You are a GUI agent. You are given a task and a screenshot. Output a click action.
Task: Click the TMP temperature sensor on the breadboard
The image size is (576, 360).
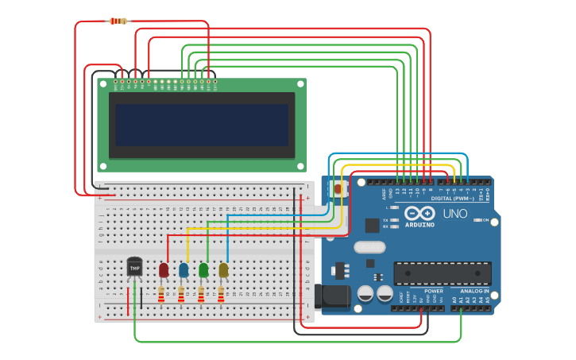coord(134,269)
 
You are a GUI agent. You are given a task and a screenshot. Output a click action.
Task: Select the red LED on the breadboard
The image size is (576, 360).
coord(164,270)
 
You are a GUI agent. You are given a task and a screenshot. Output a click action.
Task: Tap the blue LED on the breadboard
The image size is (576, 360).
coord(184,270)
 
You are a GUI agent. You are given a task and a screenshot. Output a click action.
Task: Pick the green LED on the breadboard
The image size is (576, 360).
coord(203,270)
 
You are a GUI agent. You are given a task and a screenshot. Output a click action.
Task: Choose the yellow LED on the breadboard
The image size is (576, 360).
coord(223,270)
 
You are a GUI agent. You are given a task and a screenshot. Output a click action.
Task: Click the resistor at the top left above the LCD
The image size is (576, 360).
coord(118,21)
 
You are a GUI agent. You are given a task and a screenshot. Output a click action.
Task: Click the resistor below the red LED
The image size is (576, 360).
coord(161,296)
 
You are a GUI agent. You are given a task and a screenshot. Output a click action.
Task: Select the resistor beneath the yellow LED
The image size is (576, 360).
coord(221,296)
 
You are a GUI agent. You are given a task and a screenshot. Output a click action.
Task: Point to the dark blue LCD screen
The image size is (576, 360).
coord(201,125)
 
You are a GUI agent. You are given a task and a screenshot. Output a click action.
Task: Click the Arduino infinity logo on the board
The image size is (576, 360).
coord(419,214)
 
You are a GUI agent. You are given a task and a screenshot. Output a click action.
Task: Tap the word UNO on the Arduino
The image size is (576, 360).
coord(454,214)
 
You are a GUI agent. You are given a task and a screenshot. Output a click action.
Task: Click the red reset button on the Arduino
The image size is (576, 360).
coord(339,189)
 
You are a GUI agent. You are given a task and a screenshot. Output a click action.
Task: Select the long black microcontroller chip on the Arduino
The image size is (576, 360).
coord(443,273)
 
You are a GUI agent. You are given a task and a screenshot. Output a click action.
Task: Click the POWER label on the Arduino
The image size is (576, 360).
coord(434,291)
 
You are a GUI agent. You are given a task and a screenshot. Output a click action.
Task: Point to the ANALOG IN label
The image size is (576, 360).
coord(476,291)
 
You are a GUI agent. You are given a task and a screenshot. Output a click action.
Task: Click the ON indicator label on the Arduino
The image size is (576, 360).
coord(485,220)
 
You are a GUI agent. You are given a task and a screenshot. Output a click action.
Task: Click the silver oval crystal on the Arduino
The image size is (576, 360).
coord(369,246)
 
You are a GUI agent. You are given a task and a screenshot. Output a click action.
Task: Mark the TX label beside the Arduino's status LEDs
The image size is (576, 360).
coord(385,220)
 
